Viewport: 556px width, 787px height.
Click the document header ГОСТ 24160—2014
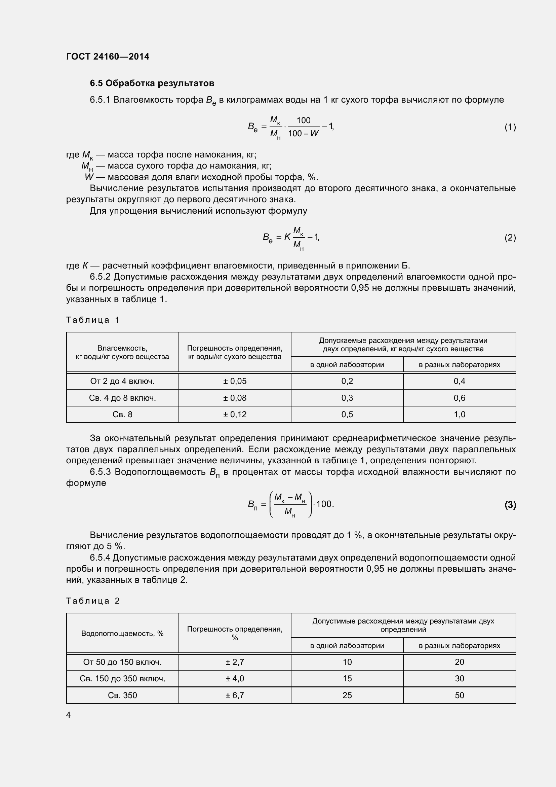[108, 57]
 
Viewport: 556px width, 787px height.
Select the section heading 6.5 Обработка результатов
[152, 83]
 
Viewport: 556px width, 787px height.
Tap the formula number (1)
[510, 127]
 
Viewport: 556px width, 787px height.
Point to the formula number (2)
[510, 238]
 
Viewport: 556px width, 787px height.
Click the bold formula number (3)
[510, 505]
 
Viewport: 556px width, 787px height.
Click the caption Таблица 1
[93, 320]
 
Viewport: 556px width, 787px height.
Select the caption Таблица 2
[93, 601]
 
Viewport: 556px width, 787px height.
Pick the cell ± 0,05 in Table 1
[235, 381]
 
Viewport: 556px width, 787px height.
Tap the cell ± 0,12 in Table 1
[235, 415]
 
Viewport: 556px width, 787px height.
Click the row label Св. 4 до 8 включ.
[122, 398]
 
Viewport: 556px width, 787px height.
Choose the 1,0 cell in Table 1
[460, 415]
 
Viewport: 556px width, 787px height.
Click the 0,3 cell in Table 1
[347, 398]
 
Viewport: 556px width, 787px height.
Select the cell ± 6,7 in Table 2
[235, 695]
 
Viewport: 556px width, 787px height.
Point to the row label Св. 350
[122, 695]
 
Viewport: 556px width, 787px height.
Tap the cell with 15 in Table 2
[347, 678]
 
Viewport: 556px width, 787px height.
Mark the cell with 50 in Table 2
[460, 695]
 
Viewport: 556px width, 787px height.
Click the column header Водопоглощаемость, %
[122, 634]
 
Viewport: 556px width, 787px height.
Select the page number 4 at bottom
[69, 715]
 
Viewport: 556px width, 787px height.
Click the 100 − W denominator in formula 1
[303, 134]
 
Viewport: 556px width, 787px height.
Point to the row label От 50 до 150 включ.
[122, 662]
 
